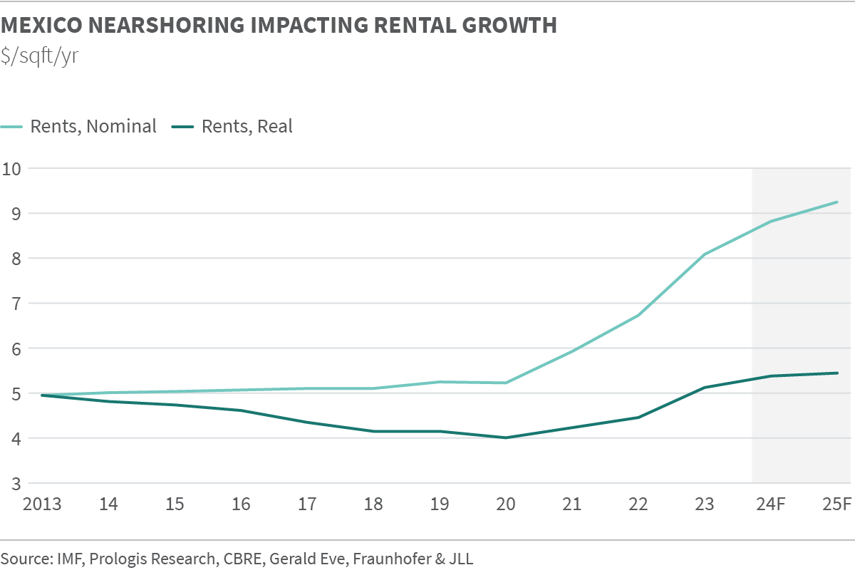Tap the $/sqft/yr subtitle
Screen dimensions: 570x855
click(x=40, y=56)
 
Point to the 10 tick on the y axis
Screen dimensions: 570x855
click(x=13, y=169)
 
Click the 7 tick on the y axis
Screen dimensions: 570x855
click(x=13, y=304)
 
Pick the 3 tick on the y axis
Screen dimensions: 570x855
click(x=13, y=484)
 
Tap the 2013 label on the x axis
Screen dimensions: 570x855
click(x=42, y=504)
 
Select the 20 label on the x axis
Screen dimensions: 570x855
click(x=506, y=504)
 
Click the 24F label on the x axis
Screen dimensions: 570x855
click(x=771, y=504)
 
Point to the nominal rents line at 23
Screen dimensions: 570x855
click(x=705, y=254)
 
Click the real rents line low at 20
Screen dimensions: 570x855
click(x=506, y=437)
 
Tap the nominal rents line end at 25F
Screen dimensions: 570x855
click(x=837, y=202)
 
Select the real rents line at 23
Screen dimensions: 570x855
click(x=705, y=388)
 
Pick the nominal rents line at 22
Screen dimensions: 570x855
click(x=638, y=315)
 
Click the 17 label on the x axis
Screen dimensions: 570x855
click(x=307, y=504)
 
